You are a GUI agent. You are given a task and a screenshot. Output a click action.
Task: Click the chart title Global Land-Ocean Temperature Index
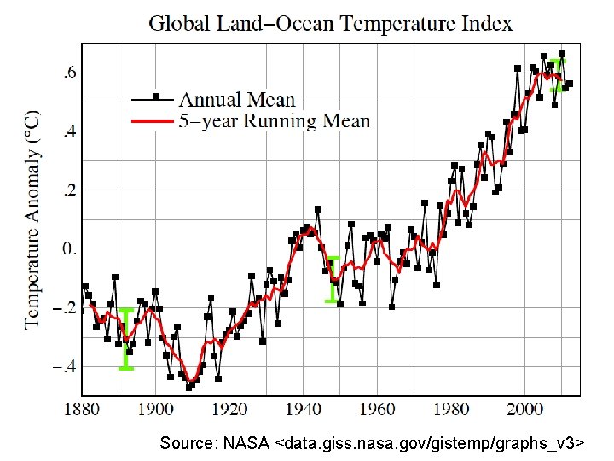pos(331,23)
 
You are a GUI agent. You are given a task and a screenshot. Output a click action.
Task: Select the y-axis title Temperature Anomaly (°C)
pos(32,218)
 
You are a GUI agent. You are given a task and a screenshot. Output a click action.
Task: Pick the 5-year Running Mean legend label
pos(275,120)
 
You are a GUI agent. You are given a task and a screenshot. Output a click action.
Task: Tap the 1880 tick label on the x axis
pos(83,409)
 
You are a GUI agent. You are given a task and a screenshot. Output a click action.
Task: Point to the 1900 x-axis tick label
pos(156,409)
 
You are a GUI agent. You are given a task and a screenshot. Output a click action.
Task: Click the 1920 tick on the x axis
pos(230,409)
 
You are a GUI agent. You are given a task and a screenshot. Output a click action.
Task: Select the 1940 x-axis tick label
pos(304,409)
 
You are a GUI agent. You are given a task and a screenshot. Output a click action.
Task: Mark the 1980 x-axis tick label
pos(452,409)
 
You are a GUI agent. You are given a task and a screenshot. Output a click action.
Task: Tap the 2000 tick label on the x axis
pos(525,409)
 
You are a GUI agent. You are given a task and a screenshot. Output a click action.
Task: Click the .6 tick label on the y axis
pos(66,73)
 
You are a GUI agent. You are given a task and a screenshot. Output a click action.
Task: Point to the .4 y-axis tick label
pos(66,131)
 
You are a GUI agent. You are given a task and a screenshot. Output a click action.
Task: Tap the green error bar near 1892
pos(125,339)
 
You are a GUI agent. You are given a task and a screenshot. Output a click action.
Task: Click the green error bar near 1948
pos(333,279)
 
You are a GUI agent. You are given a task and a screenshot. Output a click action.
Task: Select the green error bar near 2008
pos(558,74)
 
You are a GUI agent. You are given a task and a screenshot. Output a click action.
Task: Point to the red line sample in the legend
pos(153,121)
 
